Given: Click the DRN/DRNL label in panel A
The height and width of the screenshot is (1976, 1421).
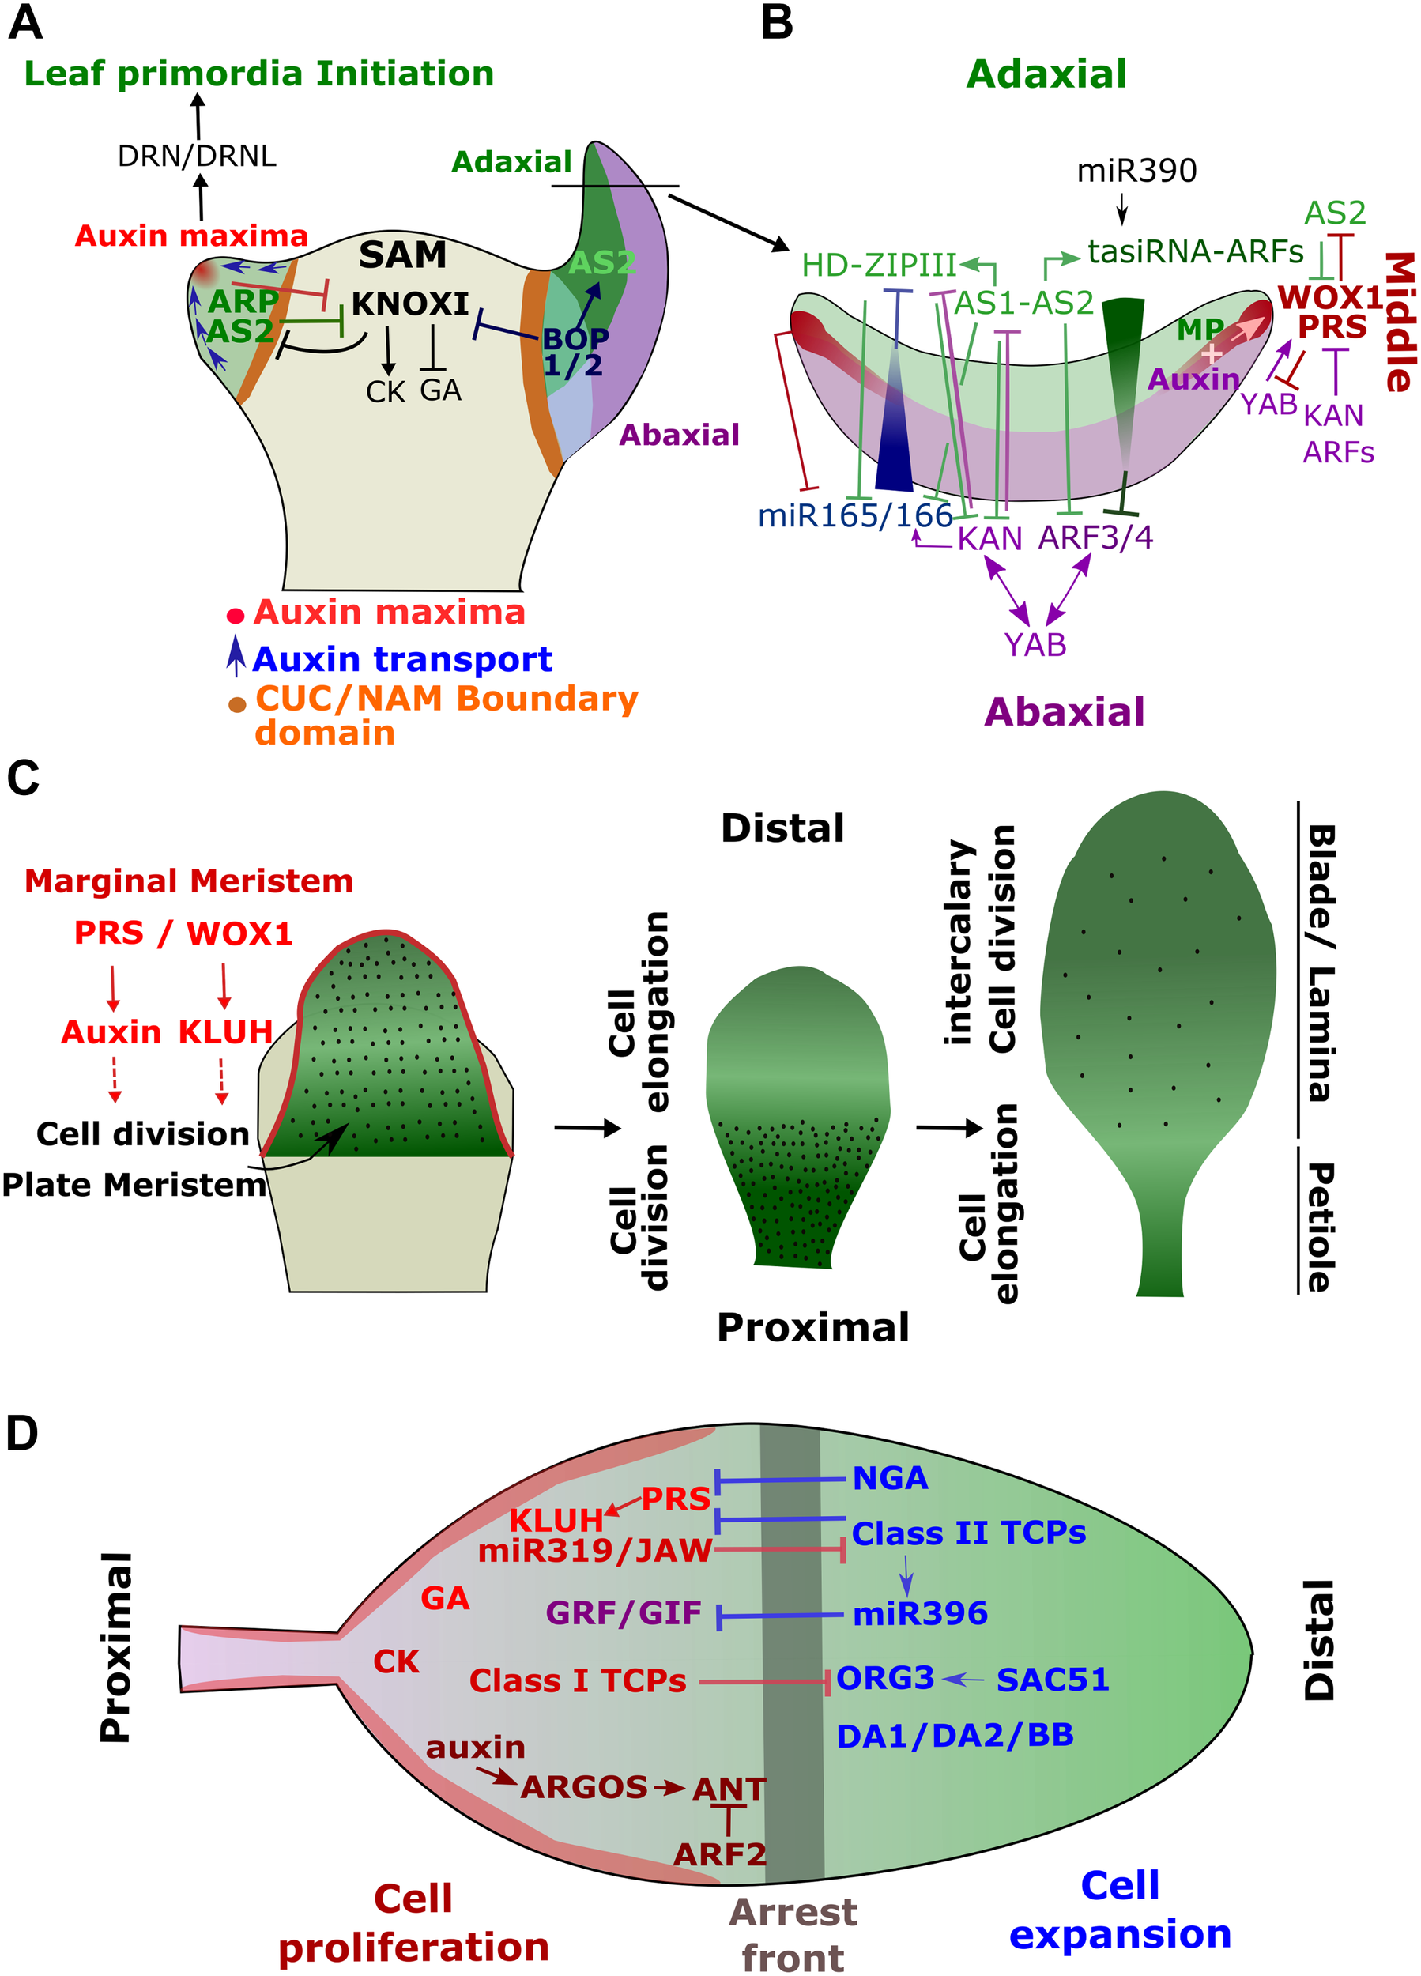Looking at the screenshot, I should pos(197,156).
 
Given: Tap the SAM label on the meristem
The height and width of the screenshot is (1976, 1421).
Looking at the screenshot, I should pos(402,255).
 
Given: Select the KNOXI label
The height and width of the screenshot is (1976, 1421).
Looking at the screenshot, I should pos(410,304).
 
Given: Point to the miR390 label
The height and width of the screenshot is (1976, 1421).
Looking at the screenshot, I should pos(1136,171).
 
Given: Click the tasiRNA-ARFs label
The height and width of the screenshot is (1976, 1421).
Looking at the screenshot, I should pos(1195,252).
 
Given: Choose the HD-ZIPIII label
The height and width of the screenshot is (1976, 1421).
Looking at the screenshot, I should pos(879,265).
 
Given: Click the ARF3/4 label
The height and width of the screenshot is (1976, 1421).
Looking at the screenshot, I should pos(1095,537).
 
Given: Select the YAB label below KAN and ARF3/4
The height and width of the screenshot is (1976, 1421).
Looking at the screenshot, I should pos(1035,645).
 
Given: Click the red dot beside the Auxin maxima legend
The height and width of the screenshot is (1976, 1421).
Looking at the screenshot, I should pos(236,616).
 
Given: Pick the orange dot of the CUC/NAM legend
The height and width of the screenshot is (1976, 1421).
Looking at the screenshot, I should pos(237,704).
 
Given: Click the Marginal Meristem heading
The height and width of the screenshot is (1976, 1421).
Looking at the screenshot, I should pos(189,881).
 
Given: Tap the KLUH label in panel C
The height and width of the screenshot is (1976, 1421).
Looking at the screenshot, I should pos(226,1031).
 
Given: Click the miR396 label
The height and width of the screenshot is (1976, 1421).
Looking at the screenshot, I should pos(920,1612).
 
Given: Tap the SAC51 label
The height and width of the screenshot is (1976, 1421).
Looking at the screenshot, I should pos(1053,1679).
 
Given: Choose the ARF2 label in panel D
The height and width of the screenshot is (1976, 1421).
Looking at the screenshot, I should pos(720,1854).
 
